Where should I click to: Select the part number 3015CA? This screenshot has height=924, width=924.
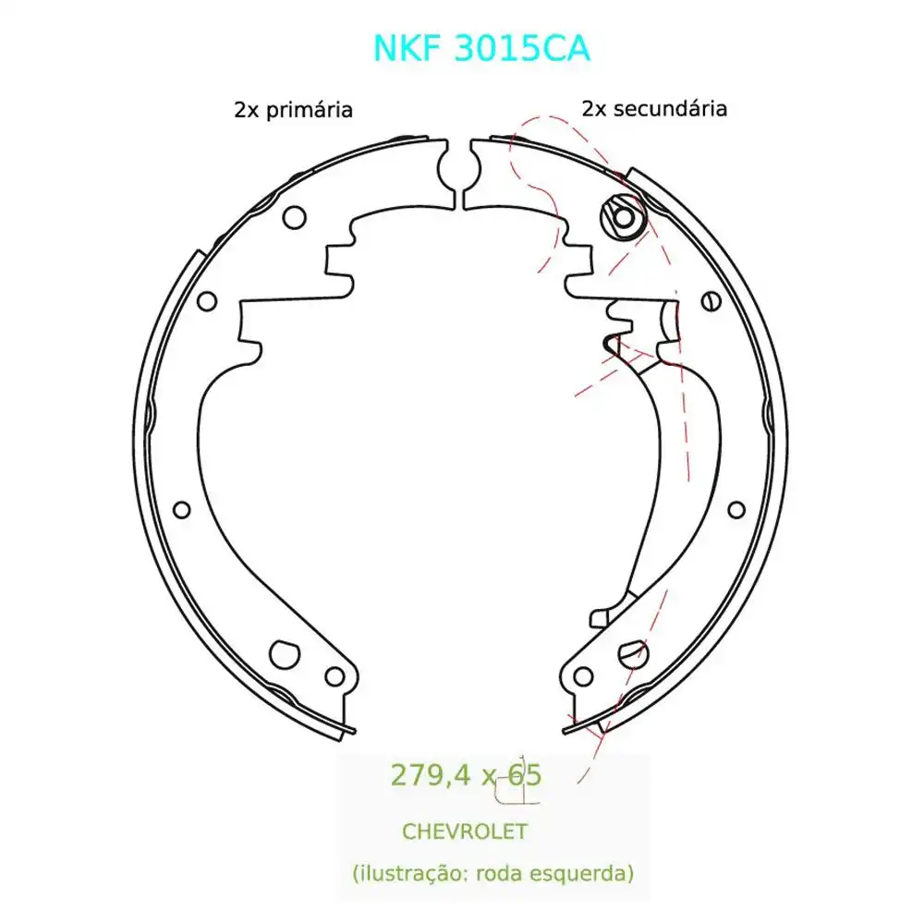click(523, 48)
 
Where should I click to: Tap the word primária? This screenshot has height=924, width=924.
click(310, 110)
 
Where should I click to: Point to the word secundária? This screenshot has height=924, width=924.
click(669, 109)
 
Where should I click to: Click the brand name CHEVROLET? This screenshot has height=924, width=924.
click(464, 831)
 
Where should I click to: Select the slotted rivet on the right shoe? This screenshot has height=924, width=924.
click(710, 300)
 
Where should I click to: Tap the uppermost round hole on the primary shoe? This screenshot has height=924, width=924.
click(295, 217)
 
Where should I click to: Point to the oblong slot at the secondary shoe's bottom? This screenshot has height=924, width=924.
click(633, 651)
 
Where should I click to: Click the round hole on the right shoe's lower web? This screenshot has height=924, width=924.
click(736, 509)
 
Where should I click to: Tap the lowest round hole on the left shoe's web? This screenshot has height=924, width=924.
click(181, 509)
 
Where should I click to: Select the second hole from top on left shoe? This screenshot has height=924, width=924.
click(207, 300)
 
